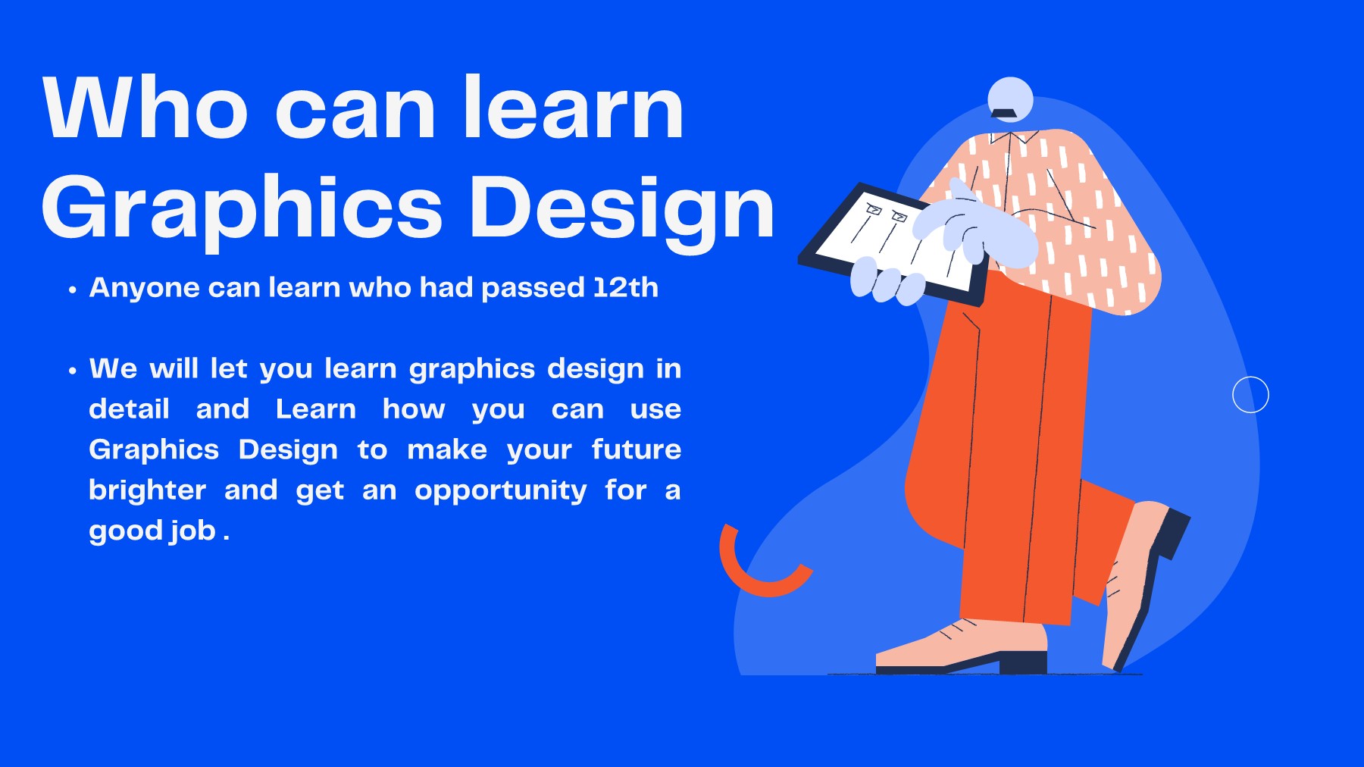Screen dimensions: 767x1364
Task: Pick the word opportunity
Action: click(x=500, y=491)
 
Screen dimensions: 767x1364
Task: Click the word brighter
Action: click(x=147, y=490)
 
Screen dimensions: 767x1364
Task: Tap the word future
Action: click(x=636, y=449)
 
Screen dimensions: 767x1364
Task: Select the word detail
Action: click(x=129, y=409)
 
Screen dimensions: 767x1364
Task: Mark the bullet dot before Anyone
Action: click(x=73, y=290)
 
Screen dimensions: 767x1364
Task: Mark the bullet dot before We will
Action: click(x=73, y=371)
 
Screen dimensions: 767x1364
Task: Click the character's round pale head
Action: click(x=1010, y=96)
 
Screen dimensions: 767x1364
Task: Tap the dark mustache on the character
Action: click(x=1004, y=114)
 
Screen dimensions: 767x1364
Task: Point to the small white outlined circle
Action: click(x=1250, y=395)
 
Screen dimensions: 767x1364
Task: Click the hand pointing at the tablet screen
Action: click(x=978, y=227)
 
